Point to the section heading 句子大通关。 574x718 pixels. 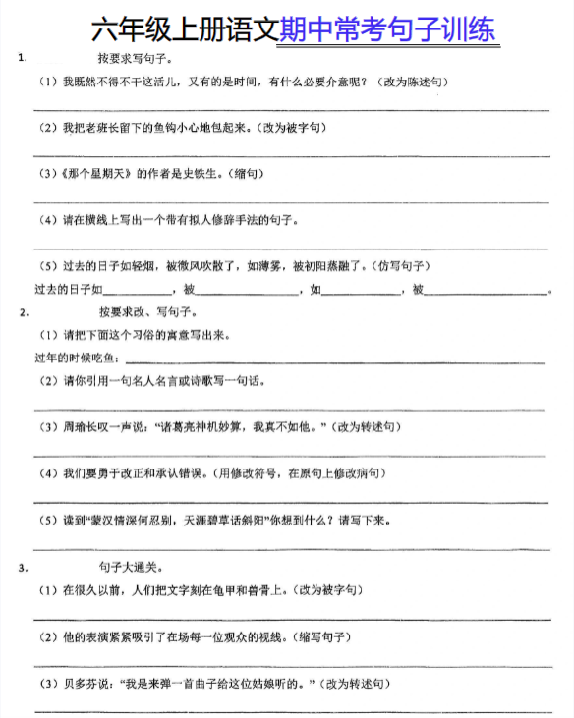[x=129, y=568]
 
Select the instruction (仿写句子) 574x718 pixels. [x=397, y=265]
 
